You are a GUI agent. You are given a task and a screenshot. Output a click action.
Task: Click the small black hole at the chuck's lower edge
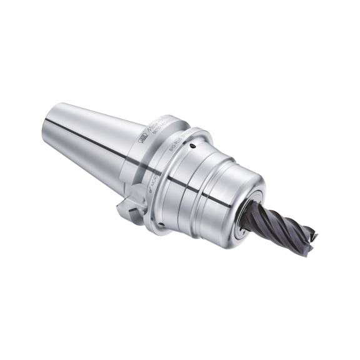click(161, 225)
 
